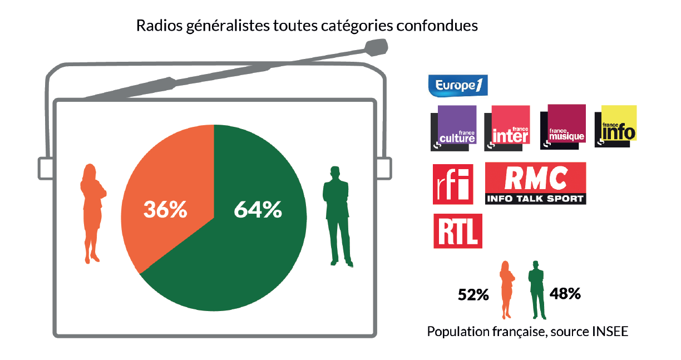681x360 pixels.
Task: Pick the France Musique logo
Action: tap(564, 126)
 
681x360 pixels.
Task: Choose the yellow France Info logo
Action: tap(616, 125)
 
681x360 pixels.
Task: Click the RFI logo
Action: tap(452, 184)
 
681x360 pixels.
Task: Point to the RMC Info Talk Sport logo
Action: tap(535, 183)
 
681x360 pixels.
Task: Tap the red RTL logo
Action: tap(457, 231)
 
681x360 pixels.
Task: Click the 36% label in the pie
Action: tap(165, 210)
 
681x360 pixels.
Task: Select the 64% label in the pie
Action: tap(258, 210)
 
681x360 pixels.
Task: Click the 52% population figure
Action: tap(473, 295)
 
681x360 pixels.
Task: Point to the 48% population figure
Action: tap(565, 293)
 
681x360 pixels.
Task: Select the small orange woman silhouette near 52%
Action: tap(507, 289)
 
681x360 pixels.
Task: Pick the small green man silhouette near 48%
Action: tap(536, 289)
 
